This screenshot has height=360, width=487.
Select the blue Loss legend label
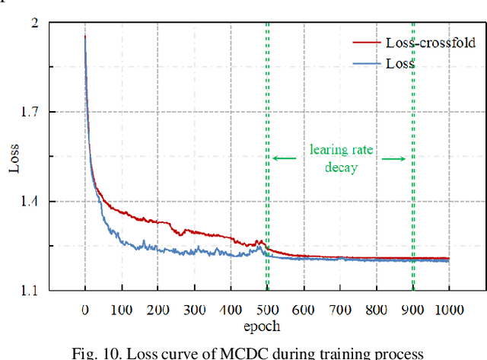400,64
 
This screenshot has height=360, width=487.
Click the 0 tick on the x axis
84,310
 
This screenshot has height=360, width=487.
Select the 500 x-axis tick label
266,310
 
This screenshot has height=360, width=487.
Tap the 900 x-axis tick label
412,310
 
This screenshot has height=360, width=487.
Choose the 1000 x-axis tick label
449,310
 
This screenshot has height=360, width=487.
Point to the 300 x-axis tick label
194,310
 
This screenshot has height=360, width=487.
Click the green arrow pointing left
285,158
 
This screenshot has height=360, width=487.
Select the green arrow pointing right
394,158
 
